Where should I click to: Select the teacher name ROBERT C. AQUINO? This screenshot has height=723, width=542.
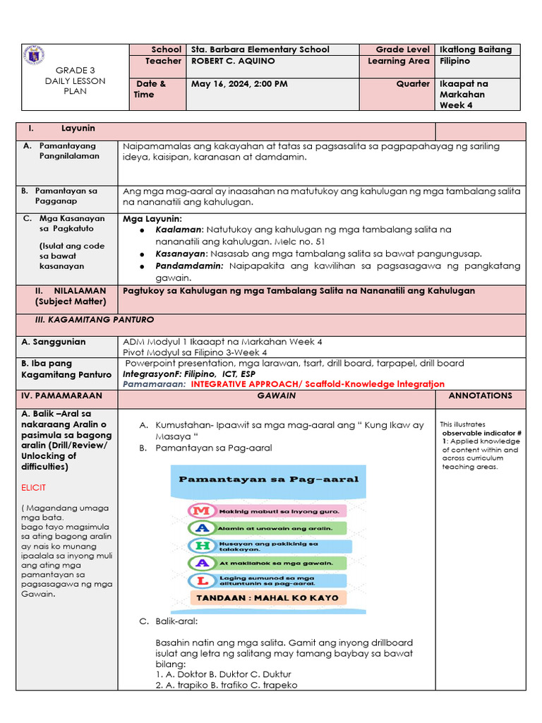233,61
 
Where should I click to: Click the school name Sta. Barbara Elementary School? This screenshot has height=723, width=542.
260,49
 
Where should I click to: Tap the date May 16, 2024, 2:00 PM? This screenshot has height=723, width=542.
239,84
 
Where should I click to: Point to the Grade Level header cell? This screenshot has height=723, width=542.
402,49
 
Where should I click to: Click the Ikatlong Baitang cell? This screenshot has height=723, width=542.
476,49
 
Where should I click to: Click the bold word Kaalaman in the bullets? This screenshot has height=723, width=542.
179,229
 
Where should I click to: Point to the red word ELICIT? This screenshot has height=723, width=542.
35,488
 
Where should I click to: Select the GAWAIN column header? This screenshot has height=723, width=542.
276,396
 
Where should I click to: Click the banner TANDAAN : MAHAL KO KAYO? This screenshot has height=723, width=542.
267,597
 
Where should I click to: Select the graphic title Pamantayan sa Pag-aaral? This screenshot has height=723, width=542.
268,479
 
